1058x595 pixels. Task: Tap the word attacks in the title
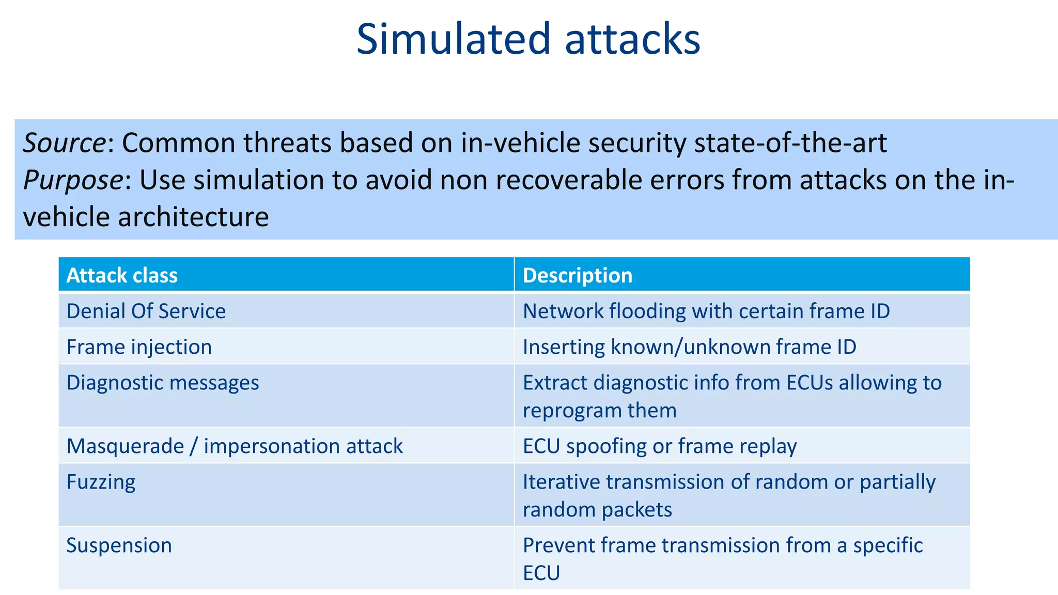pos(632,39)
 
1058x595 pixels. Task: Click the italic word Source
pos(64,143)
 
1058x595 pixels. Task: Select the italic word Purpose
pos(73,180)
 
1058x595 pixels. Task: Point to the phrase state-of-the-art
pos(790,143)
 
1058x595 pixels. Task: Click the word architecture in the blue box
pos(193,216)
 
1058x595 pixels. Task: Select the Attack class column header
pos(122,275)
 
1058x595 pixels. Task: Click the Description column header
pos(578,275)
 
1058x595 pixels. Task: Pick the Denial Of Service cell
pos(146,311)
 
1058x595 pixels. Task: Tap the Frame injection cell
pos(139,347)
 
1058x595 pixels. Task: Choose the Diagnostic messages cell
pos(163,383)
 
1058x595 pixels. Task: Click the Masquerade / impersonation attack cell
pos(235,446)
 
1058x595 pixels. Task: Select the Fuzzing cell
pos(101,482)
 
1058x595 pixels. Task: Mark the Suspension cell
pos(119,545)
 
